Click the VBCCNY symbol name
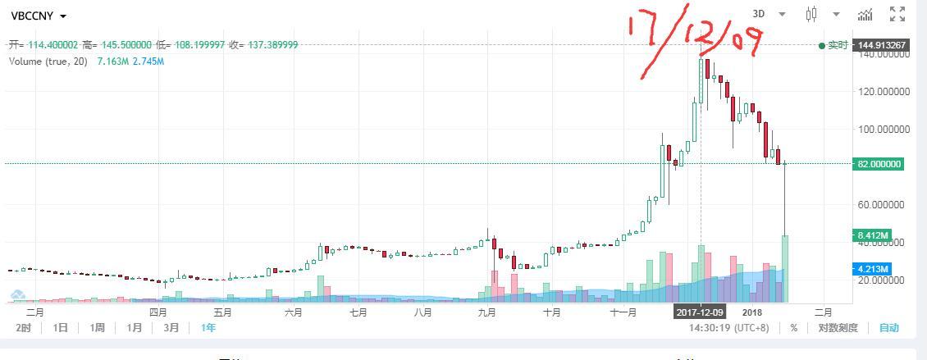(33, 16)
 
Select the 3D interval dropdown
(769, 14)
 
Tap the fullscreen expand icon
(897, 14)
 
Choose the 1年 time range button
(208, 328)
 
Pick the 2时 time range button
(23, 328)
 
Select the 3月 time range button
(171, 328)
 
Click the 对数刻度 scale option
(838, 328)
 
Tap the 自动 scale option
(888, 328)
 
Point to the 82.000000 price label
(879, 164)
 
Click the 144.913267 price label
(883, 45)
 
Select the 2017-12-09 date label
(700, 312)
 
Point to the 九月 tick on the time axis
(487, 312)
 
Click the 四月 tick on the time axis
(158, 312)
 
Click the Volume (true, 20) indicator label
(48, 62)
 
